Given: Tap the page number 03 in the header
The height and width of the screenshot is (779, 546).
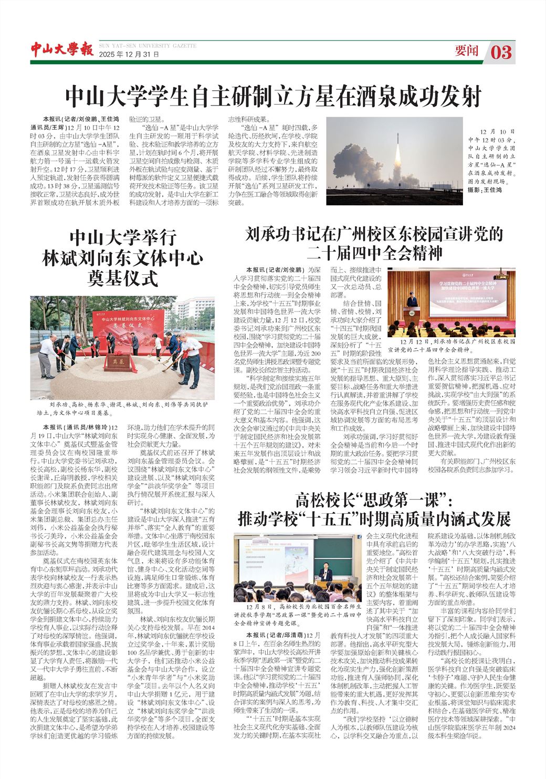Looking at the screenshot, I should pyautogui.click(x=501, y=52).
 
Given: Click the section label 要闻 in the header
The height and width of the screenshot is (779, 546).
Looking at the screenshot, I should pyautogui.click(x=467, y=51).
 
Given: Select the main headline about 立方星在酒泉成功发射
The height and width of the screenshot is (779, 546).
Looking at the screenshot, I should pyautogui.click(x=273, y=96).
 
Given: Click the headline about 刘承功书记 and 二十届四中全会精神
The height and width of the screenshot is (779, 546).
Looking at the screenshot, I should pyautogui.click(x=375, y=243).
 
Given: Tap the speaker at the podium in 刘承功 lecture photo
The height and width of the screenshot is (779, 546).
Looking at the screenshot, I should pyautogui.click(x=412, y=300).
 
